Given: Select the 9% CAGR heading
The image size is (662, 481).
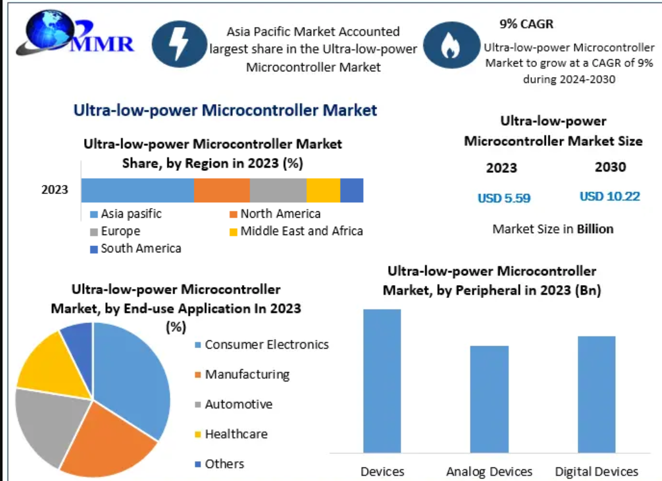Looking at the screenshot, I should click(526, 24).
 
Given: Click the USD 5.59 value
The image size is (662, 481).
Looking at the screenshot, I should click(504, 198).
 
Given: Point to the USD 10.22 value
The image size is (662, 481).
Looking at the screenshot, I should click(609, 197).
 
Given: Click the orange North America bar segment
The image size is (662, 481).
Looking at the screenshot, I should click(221, 191).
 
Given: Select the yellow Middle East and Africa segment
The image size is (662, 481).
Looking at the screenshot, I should click(323, 191).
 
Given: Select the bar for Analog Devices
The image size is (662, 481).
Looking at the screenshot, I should click(489, 398).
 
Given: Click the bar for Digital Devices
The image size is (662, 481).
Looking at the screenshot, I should click(597, 393).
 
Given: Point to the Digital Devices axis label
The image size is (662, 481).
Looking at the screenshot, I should click(597, 472).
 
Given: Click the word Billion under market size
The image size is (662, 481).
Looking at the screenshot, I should click(595, 229).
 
